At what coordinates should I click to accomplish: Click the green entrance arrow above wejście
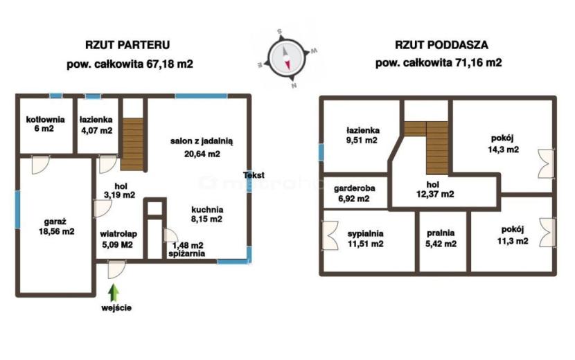(x=114, y=293)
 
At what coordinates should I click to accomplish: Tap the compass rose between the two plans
(x=286, y=58)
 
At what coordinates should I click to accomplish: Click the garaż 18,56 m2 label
(x=57, y=226)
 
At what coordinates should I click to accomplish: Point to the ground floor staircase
(x=132, y=144)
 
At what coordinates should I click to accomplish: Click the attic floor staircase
(x=427, y=147)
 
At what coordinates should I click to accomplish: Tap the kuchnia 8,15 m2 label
(x=207, y=215)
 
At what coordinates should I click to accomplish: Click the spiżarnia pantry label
(x=186, y=253)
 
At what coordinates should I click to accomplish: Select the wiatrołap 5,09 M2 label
(x=118, y=239)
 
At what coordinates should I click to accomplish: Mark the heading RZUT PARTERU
(x=127, y=45)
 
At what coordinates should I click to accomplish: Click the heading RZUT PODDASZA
(x=441, y=45)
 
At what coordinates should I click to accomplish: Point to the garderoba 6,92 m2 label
(x=354, y=193)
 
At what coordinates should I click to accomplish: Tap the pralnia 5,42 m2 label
(x=441, y=238)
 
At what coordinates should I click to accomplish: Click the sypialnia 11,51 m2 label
(x=365, y=238)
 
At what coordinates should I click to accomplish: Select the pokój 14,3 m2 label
(x=503, y=144)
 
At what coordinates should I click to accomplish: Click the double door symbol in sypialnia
(x=329, y=235)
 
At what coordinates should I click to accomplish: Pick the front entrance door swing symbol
(x=116, y=269)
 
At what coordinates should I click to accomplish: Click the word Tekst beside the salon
(x=254, y=175)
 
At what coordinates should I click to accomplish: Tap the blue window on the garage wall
(x=17, y=209)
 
